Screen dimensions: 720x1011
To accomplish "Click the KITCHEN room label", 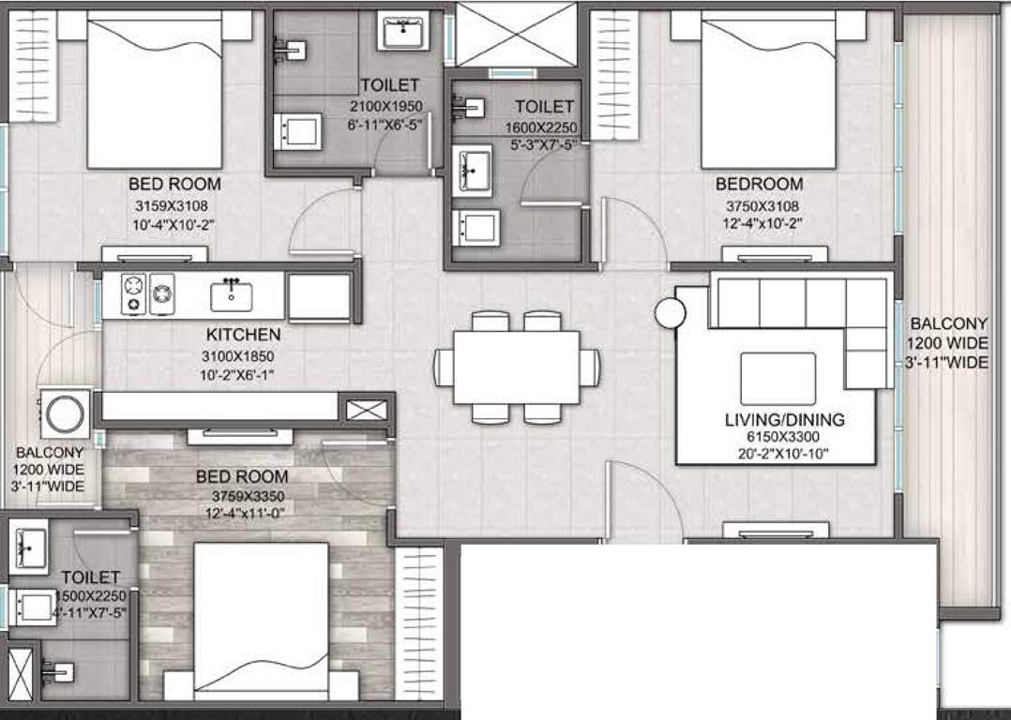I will [x=243, y=335].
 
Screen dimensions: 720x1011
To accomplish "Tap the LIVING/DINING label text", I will [x=785, y=419].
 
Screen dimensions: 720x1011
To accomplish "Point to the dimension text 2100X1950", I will [x=389, y=106].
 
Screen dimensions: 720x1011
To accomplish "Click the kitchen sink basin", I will [x=231, y=295].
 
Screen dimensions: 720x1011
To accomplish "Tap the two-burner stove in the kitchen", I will [x=148, y=293].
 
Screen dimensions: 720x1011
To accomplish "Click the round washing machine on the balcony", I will [x=66, y=412].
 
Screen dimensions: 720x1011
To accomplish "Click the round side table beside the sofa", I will [x=670, y=313].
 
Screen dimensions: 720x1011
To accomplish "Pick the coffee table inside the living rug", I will [x=777, y=378].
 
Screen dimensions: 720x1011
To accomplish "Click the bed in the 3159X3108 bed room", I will [x=155, y=89].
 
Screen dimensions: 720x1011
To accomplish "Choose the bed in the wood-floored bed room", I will [x=262, y=619].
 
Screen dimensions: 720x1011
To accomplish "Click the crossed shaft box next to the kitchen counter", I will [x=366, y=409].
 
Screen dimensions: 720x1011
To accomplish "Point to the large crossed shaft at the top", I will [x=516, y=35].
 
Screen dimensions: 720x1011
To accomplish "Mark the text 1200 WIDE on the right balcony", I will [x=948, y=343].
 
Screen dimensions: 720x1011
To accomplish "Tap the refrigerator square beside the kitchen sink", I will [x=319, y=297].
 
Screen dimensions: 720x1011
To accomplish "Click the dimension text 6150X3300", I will [x=785, y=438].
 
